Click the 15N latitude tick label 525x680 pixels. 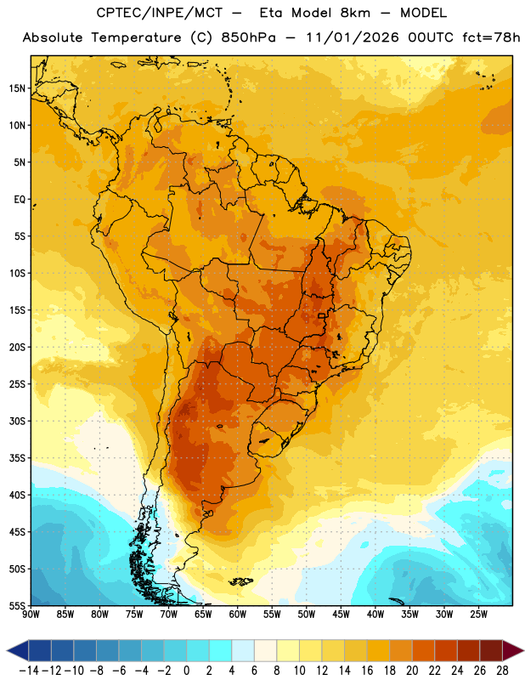pos(17,88)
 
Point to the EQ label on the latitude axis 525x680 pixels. pos(20,200)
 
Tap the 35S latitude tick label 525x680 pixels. pos(17,458)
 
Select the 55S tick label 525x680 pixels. pos(17,605)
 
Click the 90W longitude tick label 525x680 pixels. pos(31,615)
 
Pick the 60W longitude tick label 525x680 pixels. pos(238,615)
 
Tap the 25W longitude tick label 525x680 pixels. pos(478,615)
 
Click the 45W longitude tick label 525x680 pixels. pos(341,615)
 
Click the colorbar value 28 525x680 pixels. pos(502,671)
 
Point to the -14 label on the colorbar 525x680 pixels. pos(29,671)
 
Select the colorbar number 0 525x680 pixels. pos(186,671)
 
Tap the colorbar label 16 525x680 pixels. pos(367,671)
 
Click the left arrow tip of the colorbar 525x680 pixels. pos(7,650)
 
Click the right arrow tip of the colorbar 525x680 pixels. pos(523,650)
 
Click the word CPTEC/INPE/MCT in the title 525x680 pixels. pos(159,13)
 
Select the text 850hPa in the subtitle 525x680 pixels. pos(248,37)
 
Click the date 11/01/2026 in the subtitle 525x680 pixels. pos(353,37)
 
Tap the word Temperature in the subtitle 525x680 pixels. pos(136,37)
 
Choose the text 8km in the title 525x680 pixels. pos(355,13)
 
